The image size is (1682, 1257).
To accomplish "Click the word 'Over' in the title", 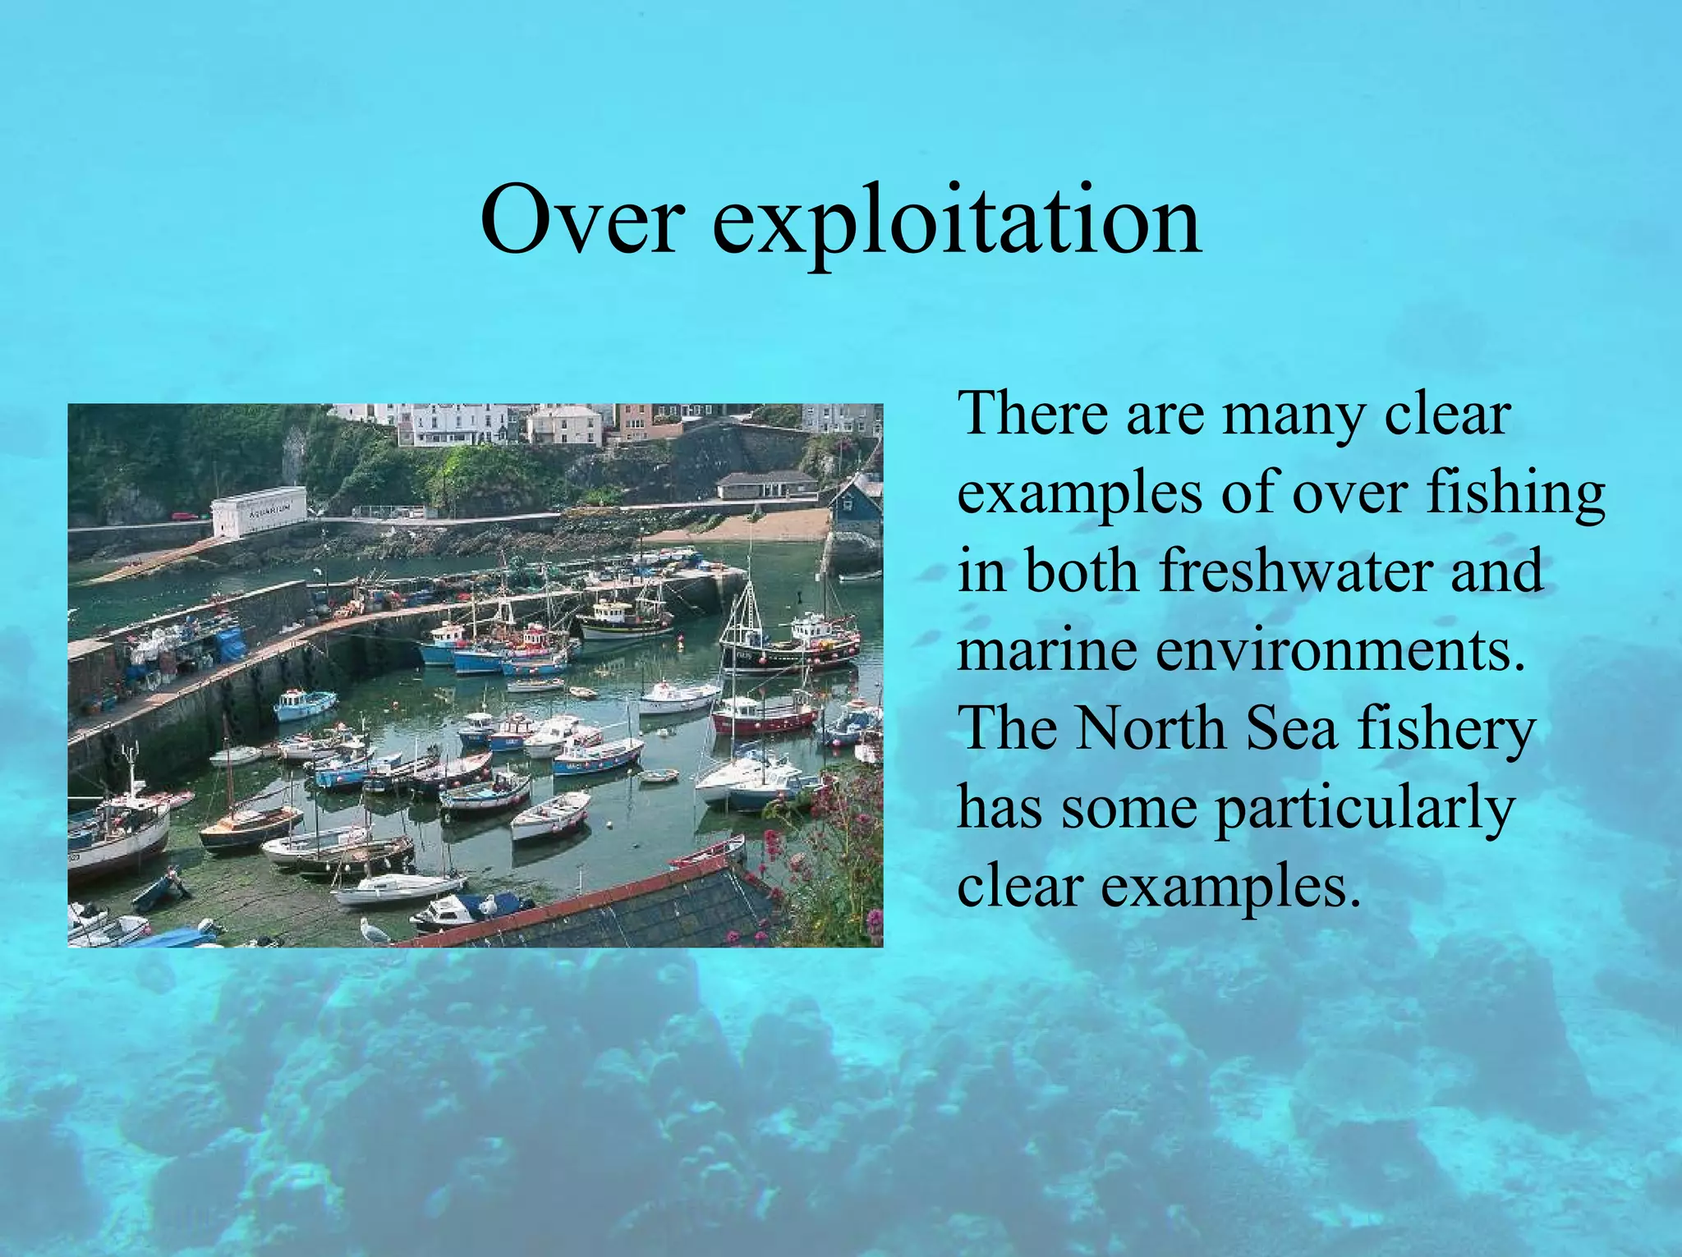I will point(581,220).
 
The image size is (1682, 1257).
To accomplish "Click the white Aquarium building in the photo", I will point(259,510).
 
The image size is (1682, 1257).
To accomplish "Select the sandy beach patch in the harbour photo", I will point(764,525).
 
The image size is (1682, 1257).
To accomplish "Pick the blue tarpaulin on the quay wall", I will point(231,644).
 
